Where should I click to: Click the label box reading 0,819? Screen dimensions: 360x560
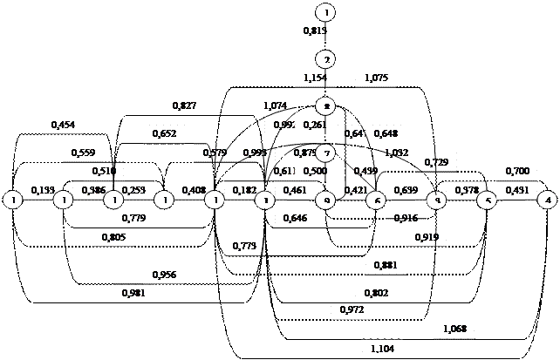pos(314,31)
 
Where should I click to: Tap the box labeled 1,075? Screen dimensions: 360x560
pos(375,78)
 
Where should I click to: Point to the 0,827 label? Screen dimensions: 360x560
pos(184,105)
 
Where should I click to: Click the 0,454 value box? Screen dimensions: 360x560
pos(63,125)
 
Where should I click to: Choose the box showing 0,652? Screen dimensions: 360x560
pos(163,134)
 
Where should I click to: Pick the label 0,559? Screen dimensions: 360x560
pos(84,153)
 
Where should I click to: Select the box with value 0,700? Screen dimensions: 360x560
pos(517,171)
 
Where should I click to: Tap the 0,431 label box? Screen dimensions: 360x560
pos(517,189)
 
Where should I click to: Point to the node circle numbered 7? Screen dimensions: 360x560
pos(325,153)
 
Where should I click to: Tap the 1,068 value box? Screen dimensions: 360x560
pos(454,329)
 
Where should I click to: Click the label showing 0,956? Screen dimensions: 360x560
pos(164,275)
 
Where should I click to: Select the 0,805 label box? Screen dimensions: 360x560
pos(113,237)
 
